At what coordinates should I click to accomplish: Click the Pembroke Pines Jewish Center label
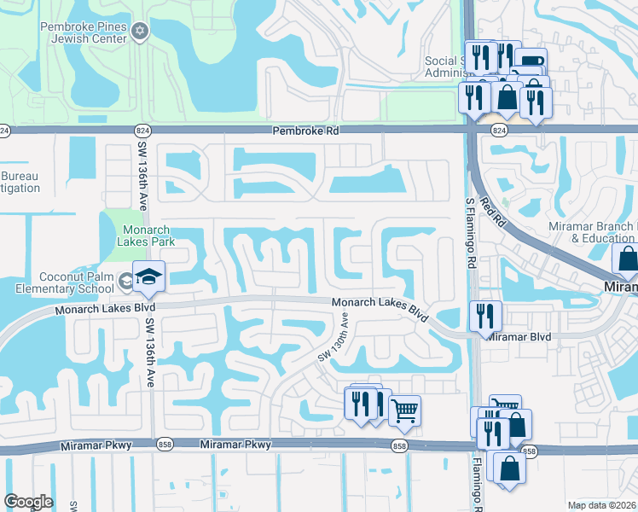tap(83, 32)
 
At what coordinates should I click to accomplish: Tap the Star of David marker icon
tap(140, 32)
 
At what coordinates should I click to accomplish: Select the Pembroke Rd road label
tap(305, 131)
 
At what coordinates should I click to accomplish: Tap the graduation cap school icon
tap(148, 276)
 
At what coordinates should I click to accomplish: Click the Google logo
tap(28, 502)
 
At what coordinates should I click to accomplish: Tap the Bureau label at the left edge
tap(20, 182)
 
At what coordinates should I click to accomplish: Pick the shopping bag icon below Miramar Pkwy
tap(509, 468)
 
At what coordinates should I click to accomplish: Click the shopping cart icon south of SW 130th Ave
tap(405, 410)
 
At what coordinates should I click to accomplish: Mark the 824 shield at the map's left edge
tap(5, 131)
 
